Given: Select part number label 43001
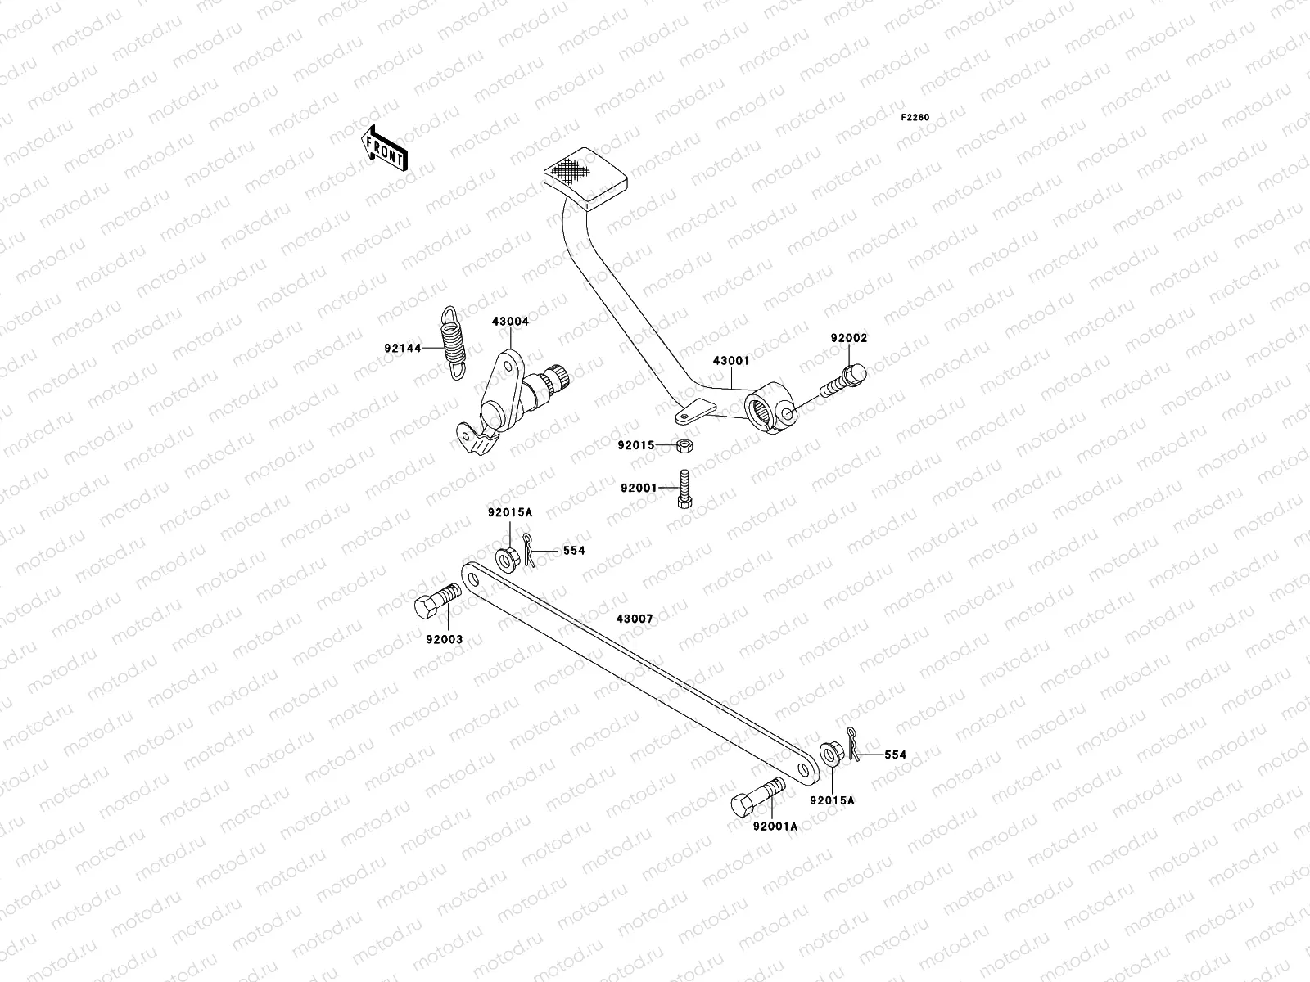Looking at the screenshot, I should pos(730,360).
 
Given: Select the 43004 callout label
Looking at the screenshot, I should pos(510,322).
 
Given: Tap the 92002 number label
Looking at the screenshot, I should pos(848,338).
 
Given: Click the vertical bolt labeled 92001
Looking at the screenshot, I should pos(684,489).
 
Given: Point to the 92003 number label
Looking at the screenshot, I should pos(444,639).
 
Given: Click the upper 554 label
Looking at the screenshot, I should pos(574,551).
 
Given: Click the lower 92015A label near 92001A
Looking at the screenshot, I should pos(832,800).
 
